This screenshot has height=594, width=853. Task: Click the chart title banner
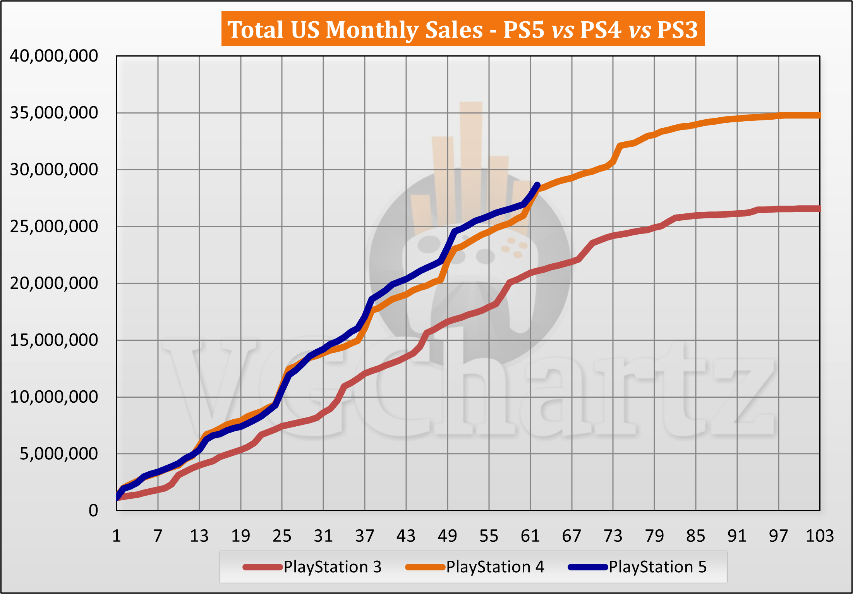(463, 29)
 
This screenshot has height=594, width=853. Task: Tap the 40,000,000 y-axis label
(54, 56)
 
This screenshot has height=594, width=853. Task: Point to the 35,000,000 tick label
(54, 113)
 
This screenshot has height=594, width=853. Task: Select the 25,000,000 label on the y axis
(54, 227)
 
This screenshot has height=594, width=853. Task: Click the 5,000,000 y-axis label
(59, 454)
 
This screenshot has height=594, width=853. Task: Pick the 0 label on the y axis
(93, 511)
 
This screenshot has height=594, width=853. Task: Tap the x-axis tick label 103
(819, 536)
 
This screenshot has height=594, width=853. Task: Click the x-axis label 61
(530, 536)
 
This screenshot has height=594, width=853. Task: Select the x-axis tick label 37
(365, 536)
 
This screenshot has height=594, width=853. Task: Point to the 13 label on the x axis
(199, 536)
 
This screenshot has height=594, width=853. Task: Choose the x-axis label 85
(695, 536)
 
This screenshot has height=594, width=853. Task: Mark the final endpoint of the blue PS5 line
(537, 185)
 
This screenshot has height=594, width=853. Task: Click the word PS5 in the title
(523, 30)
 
